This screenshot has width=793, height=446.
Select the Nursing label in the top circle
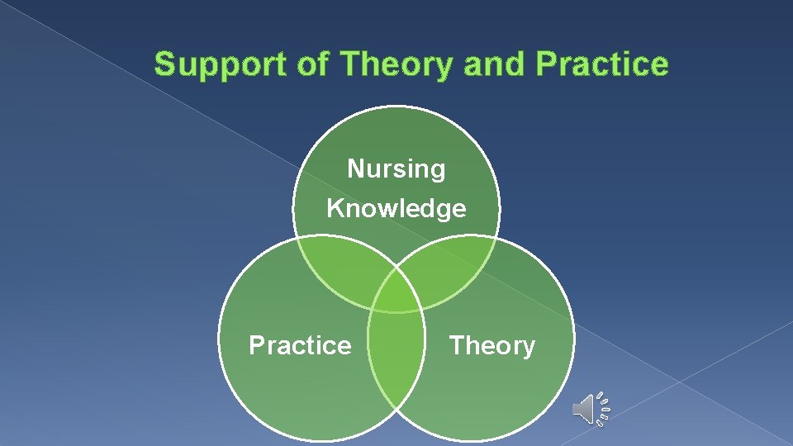pyautogui.click(x=396, y=169)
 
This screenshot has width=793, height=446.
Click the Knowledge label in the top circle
pyautogui.click(x=396, y=208)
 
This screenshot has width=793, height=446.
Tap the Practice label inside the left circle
pyautogui.click(x=300, y=345)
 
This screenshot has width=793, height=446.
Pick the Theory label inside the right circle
pyautogui.click(x=492, y=345)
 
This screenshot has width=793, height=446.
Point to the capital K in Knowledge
pyautogui.click(x=335, y=208)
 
